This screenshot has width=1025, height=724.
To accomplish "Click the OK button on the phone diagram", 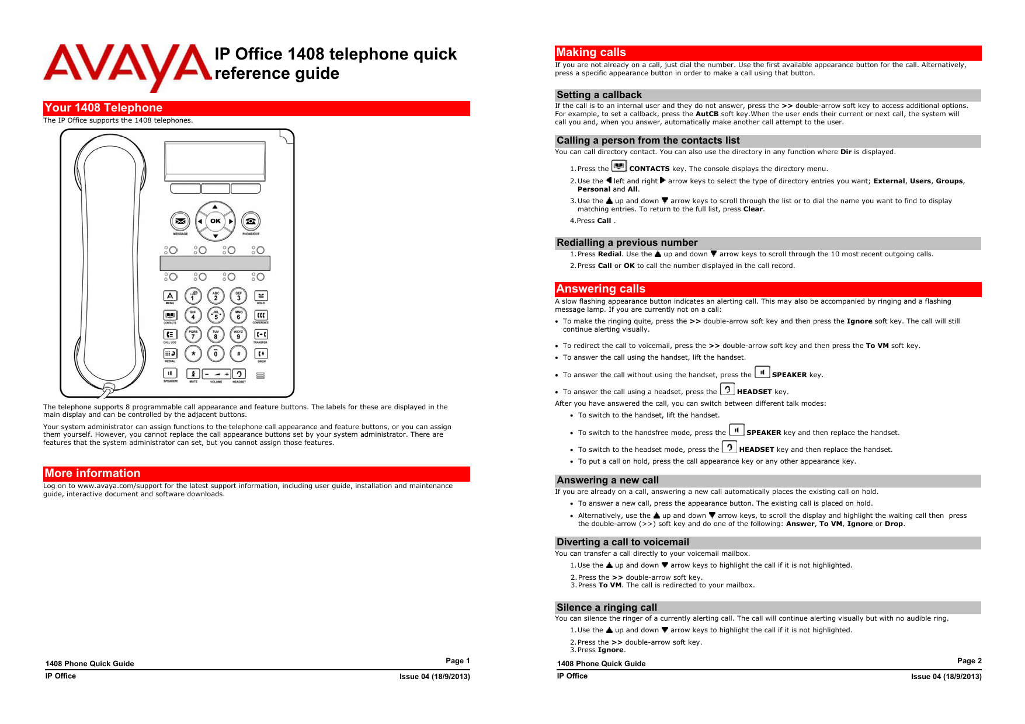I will (216, 221).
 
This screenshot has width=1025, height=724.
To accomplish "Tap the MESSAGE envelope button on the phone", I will (180, 221).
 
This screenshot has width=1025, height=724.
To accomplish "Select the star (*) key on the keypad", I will (193, 353).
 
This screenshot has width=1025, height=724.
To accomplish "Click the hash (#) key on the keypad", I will (238, 353).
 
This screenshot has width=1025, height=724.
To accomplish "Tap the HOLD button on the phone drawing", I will (261, 295).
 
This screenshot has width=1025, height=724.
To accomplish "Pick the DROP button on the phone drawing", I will (261, 353).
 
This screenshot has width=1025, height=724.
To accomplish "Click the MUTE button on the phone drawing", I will (193, 374).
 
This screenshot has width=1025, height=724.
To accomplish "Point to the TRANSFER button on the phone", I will (261, 334).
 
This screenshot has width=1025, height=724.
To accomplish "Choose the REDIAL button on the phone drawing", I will (170, 353).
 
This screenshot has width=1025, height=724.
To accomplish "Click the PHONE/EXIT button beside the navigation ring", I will (251, 221).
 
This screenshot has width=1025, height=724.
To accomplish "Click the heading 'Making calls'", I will (591, 53).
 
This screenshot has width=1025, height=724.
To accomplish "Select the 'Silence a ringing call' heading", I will (607, 607).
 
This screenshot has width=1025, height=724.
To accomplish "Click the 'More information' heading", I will (93, 474).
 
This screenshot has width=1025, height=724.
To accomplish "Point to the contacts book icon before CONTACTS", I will (619, 166).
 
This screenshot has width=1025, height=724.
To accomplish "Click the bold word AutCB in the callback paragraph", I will (707, 114).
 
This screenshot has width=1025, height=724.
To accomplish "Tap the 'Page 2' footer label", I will (969, 661).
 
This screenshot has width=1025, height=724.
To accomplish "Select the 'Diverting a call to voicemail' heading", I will (623, 542).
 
